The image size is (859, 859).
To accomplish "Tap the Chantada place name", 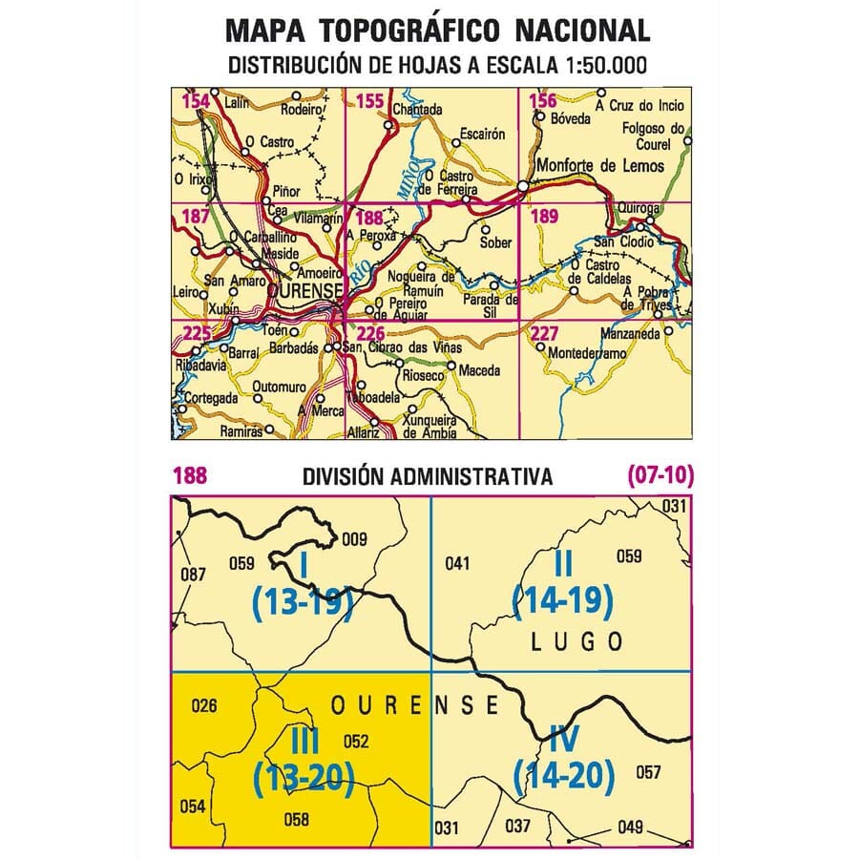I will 417,110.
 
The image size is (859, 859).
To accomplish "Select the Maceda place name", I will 479,369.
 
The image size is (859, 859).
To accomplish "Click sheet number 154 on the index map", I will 197,102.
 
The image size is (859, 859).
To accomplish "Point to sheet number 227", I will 543,333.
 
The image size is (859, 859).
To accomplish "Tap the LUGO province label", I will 576,641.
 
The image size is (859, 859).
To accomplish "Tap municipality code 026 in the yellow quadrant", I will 205,707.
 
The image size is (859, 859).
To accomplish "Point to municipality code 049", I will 631,827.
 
